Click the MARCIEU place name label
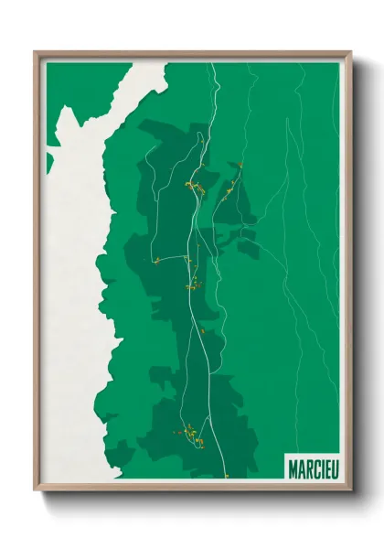coord(312,468)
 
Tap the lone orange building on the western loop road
coord(157,261)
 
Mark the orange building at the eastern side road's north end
coord(240,165)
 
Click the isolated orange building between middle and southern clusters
coord(200,329)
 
